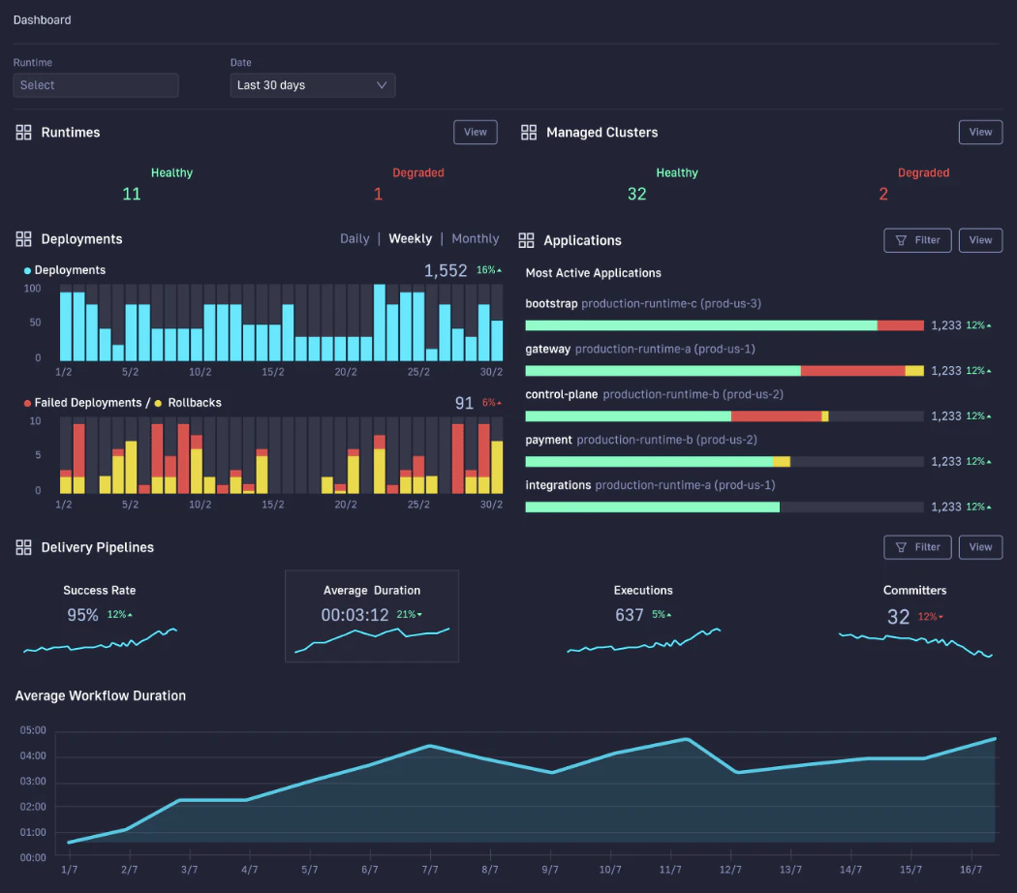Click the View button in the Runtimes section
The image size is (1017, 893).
pos(475,132)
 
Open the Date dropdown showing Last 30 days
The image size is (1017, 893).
pos(312,85)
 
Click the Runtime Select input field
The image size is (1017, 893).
pos(96,85)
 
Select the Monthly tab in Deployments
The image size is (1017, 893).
pos(475,238)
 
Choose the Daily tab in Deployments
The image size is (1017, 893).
pos(354,238)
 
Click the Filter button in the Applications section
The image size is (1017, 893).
pos(917,240)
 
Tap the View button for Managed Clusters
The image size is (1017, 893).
pos(980,132)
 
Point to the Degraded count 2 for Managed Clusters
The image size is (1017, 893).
pos(882,194)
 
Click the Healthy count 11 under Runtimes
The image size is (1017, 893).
pos(132,194)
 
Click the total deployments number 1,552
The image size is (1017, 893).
pos(446,271)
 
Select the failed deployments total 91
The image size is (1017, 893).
pos(464,403)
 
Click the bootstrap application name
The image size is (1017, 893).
pos(551,303)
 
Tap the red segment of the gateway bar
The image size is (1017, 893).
pos(852,371)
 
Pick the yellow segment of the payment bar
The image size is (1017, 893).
pos(781,461)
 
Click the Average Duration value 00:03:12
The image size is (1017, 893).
pos(354,615)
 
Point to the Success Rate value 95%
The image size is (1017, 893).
pos(82,615)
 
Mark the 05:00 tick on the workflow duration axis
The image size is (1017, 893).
pos(33,730)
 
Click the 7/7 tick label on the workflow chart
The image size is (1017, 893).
pos(430,871)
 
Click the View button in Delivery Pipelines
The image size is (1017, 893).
pos(980,547)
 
